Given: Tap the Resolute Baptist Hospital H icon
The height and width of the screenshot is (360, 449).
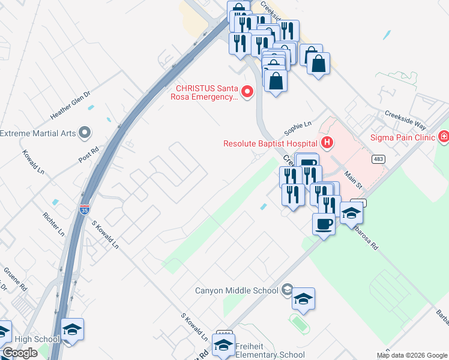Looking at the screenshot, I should tap(327, 143).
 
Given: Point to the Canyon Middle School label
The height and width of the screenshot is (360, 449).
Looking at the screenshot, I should tap(237, 290).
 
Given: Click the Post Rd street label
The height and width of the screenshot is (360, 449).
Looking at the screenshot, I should tap(88, 155).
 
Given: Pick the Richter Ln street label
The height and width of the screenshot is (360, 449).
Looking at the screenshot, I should tap(53, 223).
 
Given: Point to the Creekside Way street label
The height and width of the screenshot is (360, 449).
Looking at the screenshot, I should tap(405, 119).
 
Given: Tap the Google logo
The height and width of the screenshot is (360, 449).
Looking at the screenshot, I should tap(20, 353).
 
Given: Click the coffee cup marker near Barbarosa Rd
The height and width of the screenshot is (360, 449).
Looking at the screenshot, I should tap(324, 225).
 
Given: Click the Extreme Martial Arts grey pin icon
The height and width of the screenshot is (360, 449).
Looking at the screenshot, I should tap(85, 131).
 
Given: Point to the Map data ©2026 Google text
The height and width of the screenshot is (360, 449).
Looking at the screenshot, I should tap(411, 355).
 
